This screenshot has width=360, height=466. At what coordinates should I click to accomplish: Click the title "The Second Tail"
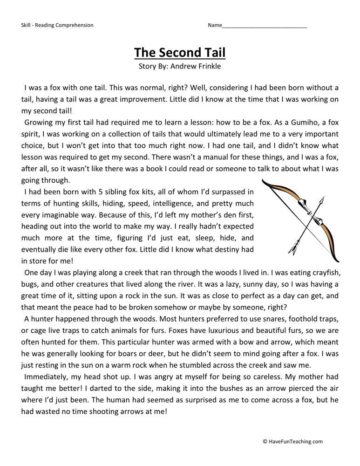click(x=180, y=53)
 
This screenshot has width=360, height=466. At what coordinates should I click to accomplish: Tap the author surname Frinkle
click(x=206, y=66)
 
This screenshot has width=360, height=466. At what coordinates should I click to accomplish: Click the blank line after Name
click(x=264, y=25)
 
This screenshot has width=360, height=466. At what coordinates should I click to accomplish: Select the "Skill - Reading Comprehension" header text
click(x=57, y=25)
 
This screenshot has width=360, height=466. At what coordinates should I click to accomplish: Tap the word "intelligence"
click(x=166, y=203)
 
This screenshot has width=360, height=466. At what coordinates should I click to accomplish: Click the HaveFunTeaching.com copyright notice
click(x=292, y=442)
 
